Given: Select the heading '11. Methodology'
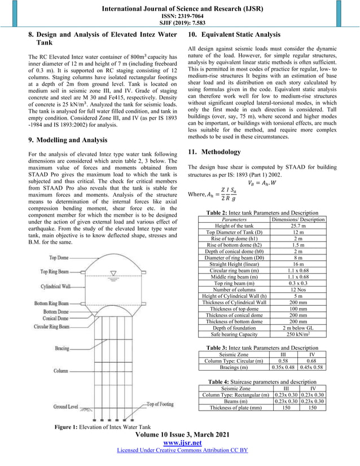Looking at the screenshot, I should pyautogui.click(x=215, y=152).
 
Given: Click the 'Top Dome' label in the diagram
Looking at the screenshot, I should pyautogui.click(x=60, y=258).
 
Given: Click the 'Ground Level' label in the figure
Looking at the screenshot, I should pyautogui.click(x=67, y=406).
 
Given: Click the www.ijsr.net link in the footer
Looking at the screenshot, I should pyautogui.click(x=180, y=443).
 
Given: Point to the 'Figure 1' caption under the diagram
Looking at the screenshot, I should pyautogui.click(x=102, y=427).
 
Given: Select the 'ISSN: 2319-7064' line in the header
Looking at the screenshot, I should pyautogui.click(x=180, y=14).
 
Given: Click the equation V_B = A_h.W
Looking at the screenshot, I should pyautogui.click(x=264, y=182).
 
